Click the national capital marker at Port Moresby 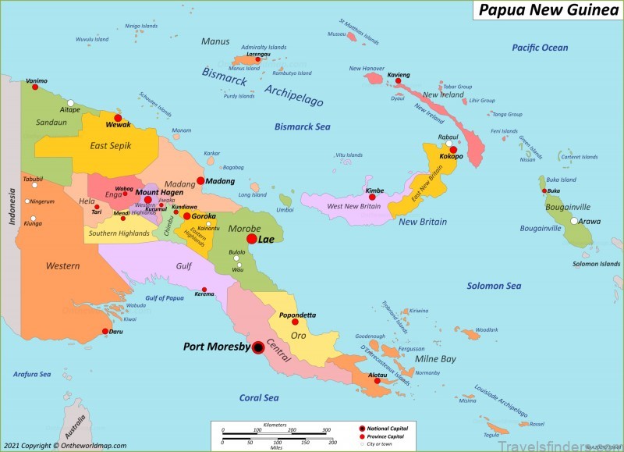[x=257, y=347]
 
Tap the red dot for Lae [x=252, y=239]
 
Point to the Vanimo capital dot [x=35, y=87]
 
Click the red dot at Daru [x=105, y=332]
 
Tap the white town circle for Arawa [x=574, y=221]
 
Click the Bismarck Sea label [x=303, y=126]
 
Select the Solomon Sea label [x=494, y=286]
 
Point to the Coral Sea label [x=259, y=398]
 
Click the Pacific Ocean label [x=540, y=48]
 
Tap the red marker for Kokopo [x=453, y=149]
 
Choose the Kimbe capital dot [x=372, y=198]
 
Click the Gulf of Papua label [x=165, y=298]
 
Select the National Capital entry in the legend [x=388, y=429]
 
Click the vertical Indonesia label [x=12, y=206]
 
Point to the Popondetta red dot [x=296, y=322]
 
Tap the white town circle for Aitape [x=71, y=103]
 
